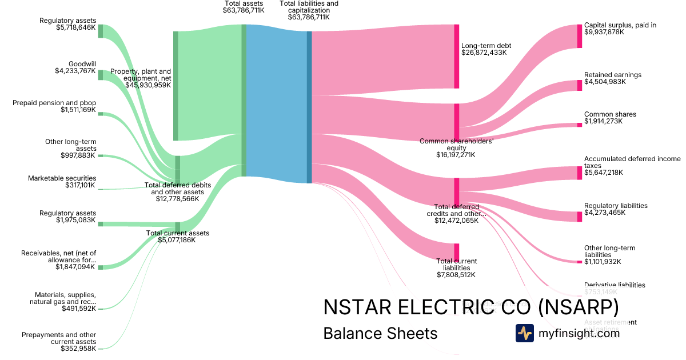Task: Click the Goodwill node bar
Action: point(101,75)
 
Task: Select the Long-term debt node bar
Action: point(457,57)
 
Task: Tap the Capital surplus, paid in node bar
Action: point(579,36)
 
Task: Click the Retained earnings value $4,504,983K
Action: point(605,82)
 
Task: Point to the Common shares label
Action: point(610,114)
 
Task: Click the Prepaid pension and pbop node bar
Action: point(101,114)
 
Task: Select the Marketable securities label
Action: point(62,178)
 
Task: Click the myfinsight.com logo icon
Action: point(524,333)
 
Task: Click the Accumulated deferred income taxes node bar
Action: point(579,173)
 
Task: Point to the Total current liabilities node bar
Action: point(457,252)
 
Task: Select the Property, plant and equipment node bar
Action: point(176,86)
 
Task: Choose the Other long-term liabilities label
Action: point(609,251)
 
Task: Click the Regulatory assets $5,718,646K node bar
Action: point(101,31)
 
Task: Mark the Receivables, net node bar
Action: point(101,267)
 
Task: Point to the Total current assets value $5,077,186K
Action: point(177,240)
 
